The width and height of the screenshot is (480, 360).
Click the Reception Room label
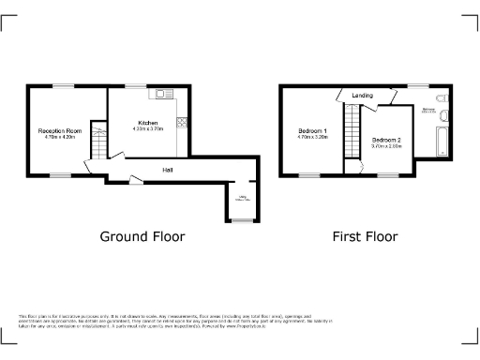click(59, 130)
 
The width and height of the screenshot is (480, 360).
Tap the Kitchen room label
click(147, 123)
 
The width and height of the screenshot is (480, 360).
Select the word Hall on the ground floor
click(167, 170)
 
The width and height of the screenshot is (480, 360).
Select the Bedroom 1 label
click(312, 130)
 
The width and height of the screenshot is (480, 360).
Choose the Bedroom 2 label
click(385, 140)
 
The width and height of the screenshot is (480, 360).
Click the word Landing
click(362, 96)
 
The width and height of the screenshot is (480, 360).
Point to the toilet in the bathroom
click(441, 97)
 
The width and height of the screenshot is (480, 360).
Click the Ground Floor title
click(142, 236)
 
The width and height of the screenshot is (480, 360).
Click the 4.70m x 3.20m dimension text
click(312, 137)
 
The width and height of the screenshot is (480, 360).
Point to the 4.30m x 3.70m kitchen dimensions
click(147, 129)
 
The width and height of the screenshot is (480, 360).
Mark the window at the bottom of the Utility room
click(241, 221)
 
